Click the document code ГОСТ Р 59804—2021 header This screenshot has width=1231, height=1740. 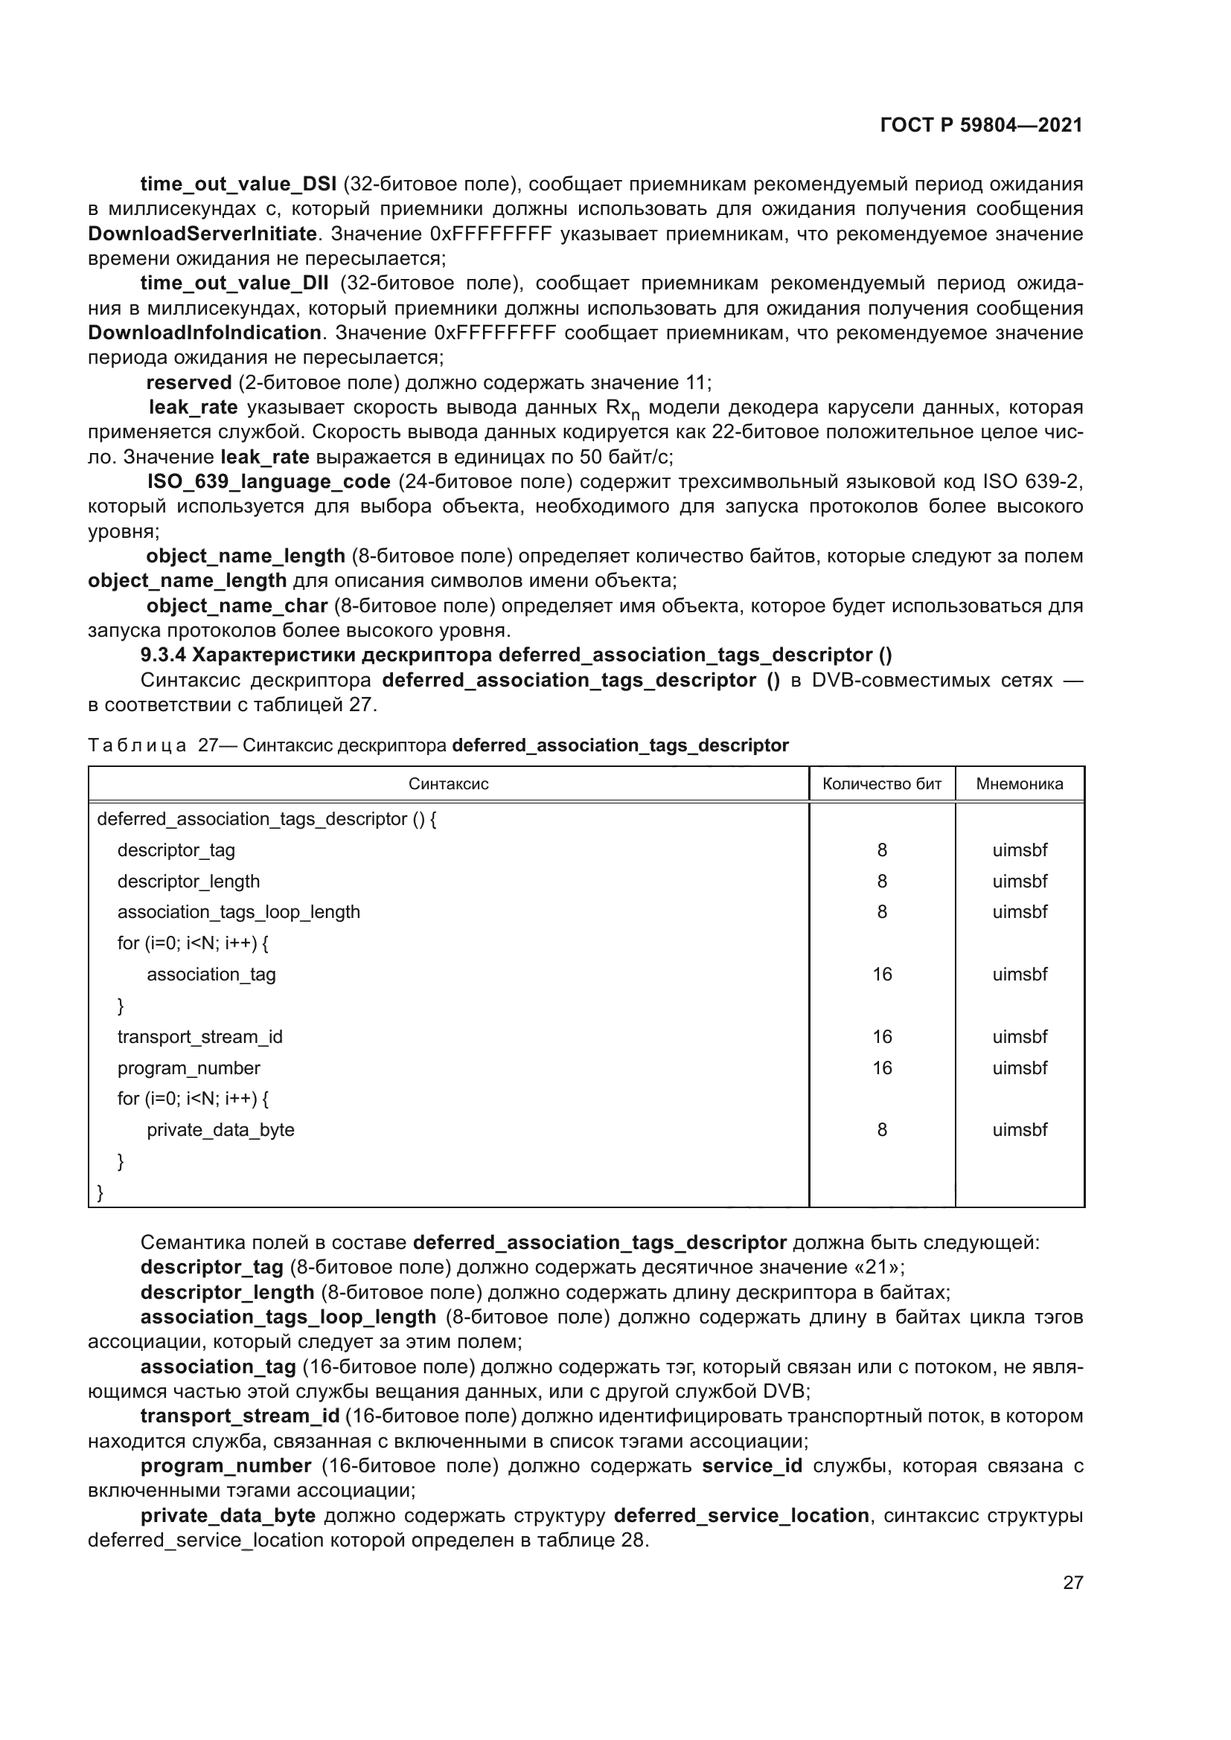coord(981,125)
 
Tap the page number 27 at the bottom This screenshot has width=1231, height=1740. coord(1072,1582)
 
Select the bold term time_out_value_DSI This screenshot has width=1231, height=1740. coord(238,184)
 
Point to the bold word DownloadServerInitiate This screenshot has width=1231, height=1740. coord(202,234)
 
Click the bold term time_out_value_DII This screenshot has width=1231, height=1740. coord(234,283)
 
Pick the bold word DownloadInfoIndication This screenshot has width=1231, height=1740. coord(205,333)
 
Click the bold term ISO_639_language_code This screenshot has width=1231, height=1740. coord(269,482)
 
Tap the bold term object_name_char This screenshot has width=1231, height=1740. coord(237,606)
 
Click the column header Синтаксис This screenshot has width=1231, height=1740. coord(448,783)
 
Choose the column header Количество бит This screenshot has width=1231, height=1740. coord(881,783)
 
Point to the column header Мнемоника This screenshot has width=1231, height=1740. coord(1019,783)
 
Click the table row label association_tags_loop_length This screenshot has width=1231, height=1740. coord(238,912)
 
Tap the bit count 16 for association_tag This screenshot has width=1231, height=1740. coord(881,975)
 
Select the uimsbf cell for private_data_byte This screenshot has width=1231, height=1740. coord(1020,1130)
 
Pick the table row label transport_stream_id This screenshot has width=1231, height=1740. coord(199,1037)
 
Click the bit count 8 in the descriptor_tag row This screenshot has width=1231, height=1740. coord(881,850)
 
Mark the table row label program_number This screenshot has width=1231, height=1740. coord(188,1068)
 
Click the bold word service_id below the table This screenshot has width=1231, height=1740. coord(751,1465)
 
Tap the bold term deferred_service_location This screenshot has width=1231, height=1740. coord(741,1515)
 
